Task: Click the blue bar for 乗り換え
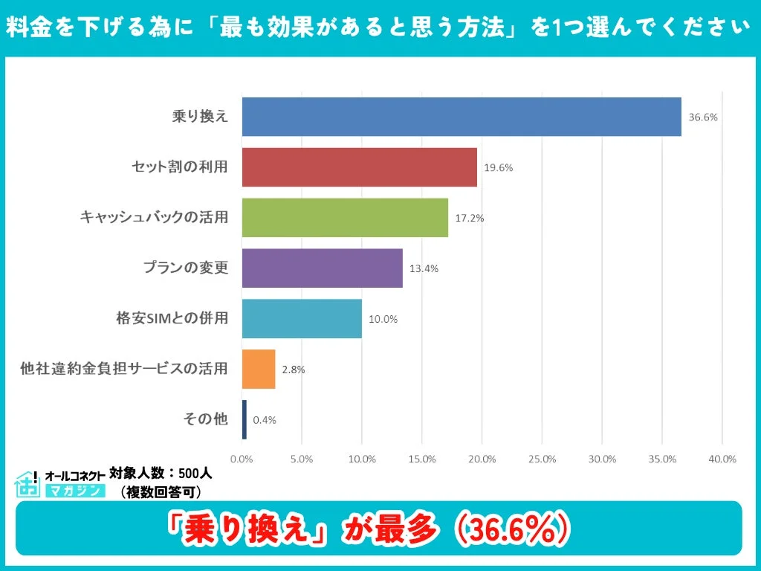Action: click(462, 117)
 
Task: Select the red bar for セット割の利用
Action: click(360, 167)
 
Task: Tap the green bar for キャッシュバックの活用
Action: click(345, 218)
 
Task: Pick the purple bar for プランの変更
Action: click(323, 268)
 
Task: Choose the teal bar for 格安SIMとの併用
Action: click(302, 319)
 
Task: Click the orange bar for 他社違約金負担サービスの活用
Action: click(259, 370)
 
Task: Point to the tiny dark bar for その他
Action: click(244, 419)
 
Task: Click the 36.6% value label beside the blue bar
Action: click(702, 117)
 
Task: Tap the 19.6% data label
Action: click(498, 167)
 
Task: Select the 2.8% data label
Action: click(294, 370)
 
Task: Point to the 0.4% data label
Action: click(265, 419)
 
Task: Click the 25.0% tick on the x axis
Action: click(543, 459)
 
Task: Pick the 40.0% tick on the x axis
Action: click(722, 459)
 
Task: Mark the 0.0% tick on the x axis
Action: click(242, 459)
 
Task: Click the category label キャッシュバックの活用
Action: click(154, 218)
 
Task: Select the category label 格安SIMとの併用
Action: click(172, 319)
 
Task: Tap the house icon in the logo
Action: click(27, 483)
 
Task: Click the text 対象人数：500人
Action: click(161, 473)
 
